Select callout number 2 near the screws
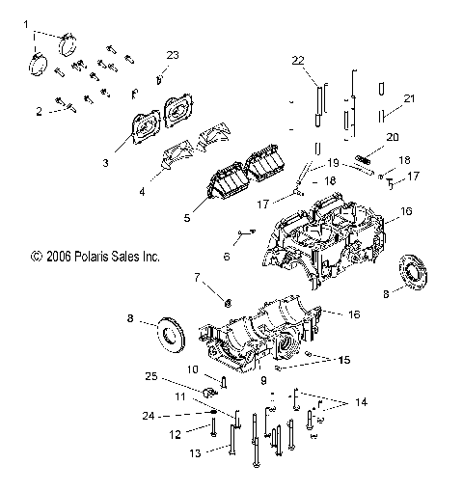pyautogui.click(x=40, y=112)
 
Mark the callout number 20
pyautogui.click(x=391, y=138)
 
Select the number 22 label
pyautogui.click(x=298, y=60)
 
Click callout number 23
pyautogui.click(x=173, y=55)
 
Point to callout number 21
pyautogui.click(x=409, y=99)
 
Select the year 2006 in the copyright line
pyautogui.click(x=48, y=258)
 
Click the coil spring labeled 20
pyautogui.click(x=365, y=158)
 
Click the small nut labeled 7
pyautogui.click(x=229, y=302)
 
